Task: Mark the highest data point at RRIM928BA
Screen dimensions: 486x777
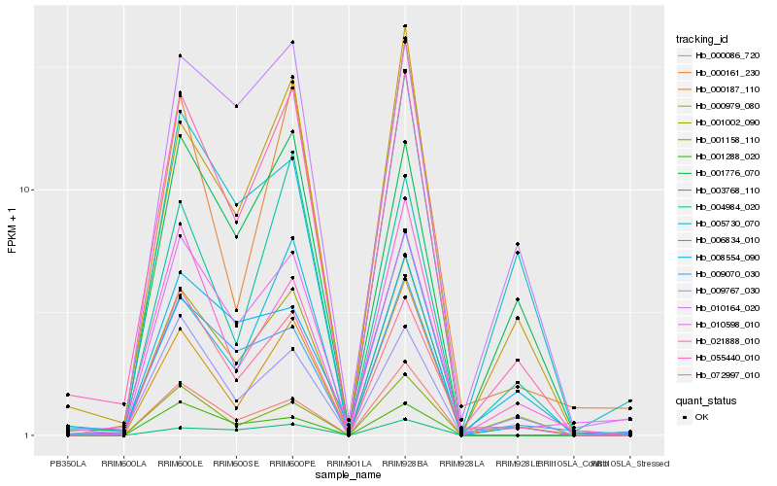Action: click(405, 26)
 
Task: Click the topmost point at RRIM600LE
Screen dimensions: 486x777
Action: click(180, 56)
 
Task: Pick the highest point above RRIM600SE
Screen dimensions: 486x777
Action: click(236, 106)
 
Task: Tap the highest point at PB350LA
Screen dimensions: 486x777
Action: click(68, 395)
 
